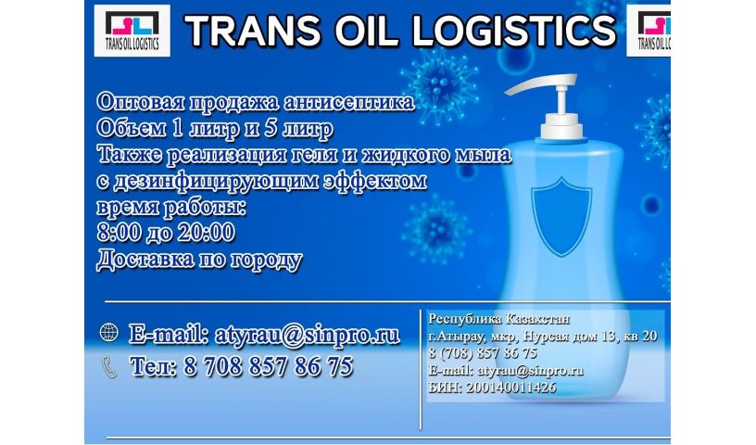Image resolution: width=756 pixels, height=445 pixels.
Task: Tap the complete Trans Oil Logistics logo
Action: [132, 31]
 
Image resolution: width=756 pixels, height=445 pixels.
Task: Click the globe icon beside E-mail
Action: [109, 333]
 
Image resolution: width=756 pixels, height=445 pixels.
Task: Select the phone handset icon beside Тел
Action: [110, 367]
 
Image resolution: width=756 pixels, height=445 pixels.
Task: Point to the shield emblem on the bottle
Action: [561, 217]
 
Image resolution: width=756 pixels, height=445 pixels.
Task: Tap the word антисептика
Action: [349, 102]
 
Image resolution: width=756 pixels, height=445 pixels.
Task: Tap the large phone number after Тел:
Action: [268, 366]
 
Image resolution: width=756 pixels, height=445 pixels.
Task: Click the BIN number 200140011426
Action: [511, 388]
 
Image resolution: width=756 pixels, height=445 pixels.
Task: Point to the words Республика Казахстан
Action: [499, 319]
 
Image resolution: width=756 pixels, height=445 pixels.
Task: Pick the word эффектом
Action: [375, 181]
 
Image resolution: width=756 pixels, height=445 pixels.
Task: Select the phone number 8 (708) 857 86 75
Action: [483, 353]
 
